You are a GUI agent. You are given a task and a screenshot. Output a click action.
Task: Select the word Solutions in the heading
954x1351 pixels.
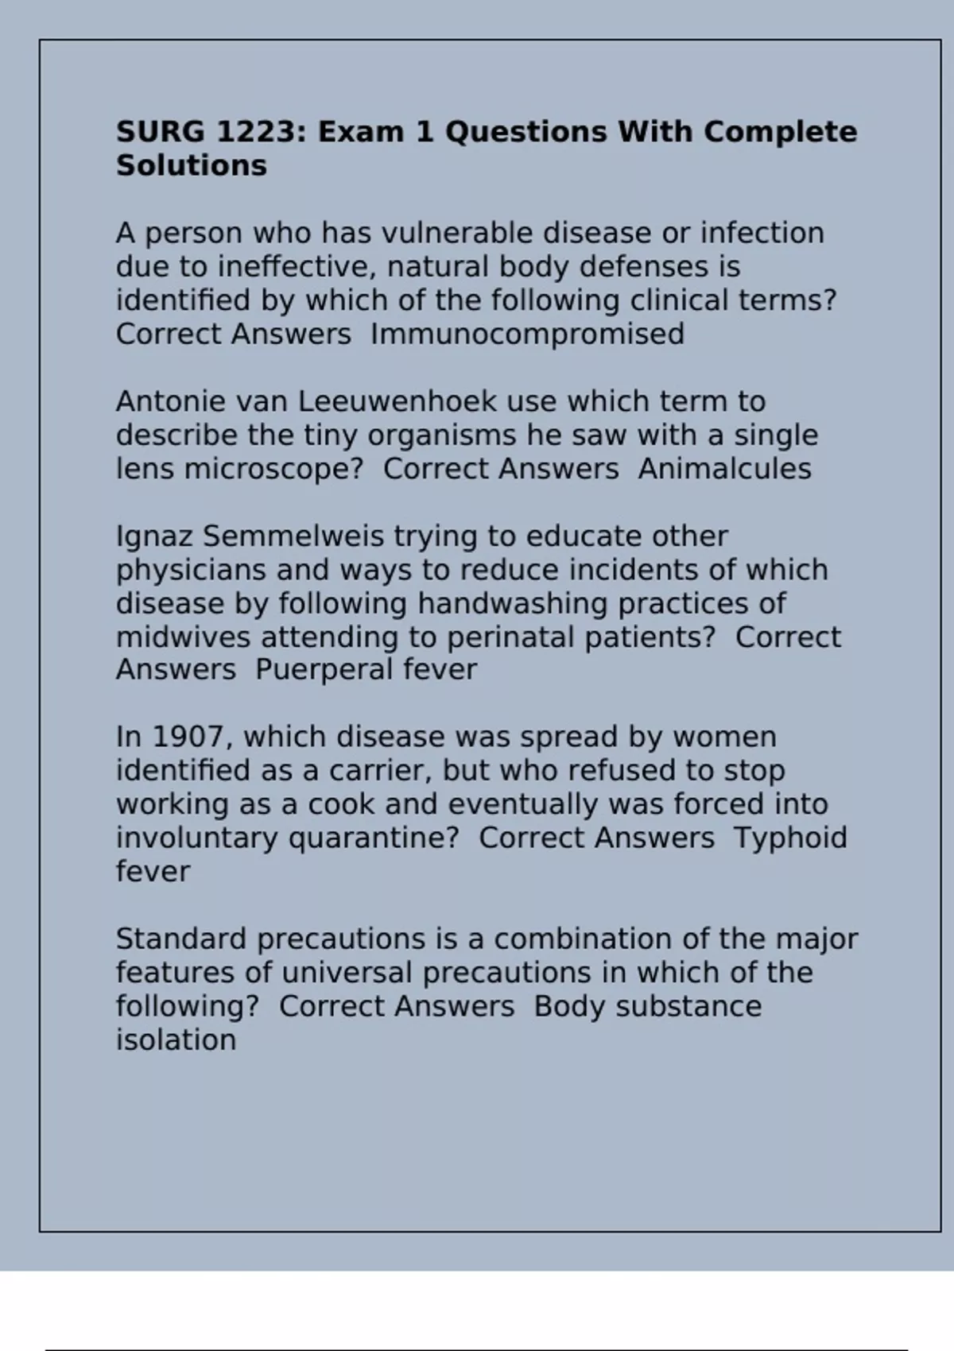pos(192,166)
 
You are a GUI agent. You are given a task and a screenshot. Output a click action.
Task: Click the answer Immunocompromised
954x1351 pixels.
pos(527,335)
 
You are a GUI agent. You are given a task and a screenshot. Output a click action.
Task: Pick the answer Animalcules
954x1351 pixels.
pos(724,469)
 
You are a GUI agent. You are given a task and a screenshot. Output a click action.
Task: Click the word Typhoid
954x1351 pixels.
pos(790,838)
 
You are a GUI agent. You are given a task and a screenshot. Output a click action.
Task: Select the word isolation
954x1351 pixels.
pos(176,1040)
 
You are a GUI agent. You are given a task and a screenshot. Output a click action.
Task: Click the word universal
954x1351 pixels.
pos(347,973)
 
